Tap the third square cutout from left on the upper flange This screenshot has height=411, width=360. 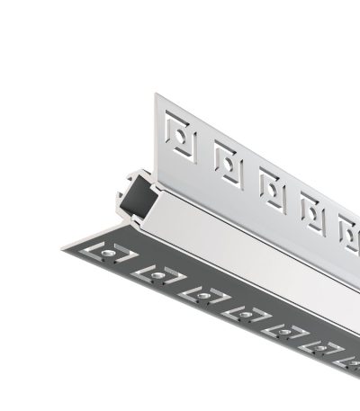point(271,186)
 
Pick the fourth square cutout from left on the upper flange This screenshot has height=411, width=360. point(310,209)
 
